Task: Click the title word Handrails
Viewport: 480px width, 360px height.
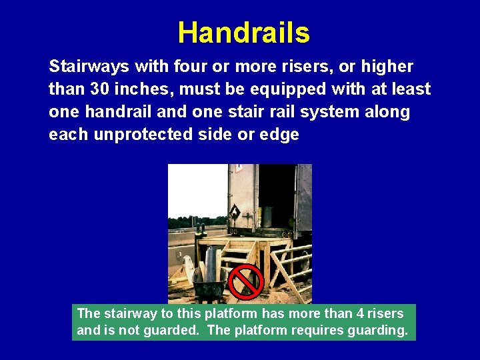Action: click(x=243, y=33)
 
